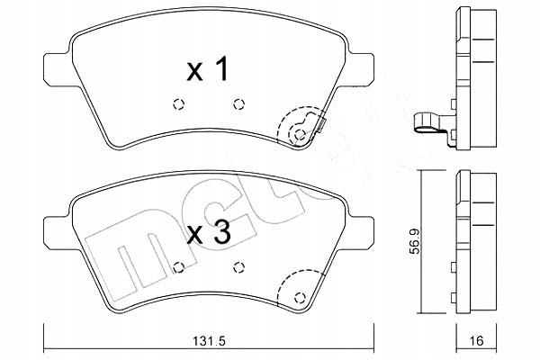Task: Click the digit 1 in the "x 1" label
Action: [x=221, y=70]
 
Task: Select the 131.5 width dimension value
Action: [x=209, y=341]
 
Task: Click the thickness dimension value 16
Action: [x=478, y=341]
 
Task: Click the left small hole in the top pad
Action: [x=178, y=102]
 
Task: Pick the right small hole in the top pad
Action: [x=238, y=102]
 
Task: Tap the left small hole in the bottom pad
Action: [x=178, y=265]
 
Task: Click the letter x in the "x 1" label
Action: [x=192, y=72]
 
